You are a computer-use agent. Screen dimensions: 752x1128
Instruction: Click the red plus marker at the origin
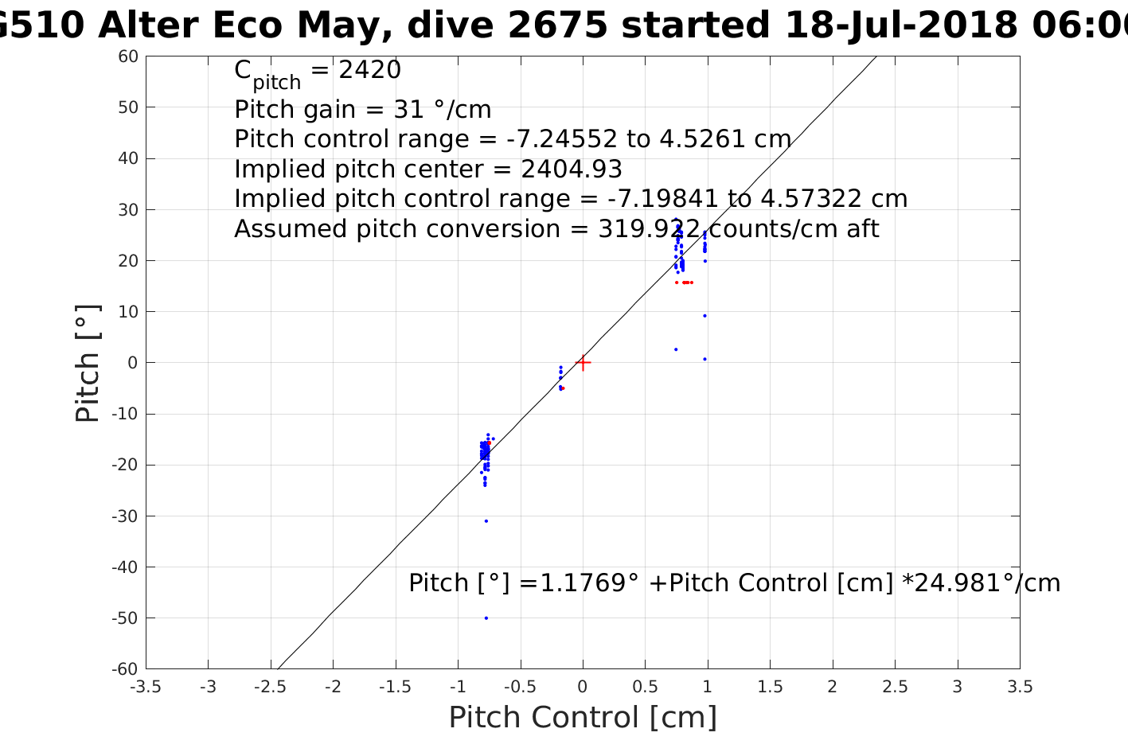[x=583, y=363]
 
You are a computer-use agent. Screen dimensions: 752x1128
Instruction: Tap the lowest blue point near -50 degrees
[x=486, y=618]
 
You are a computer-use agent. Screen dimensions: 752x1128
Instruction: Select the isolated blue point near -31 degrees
[x=486, y=521]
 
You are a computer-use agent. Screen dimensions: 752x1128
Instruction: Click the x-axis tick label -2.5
[x=270, y=687]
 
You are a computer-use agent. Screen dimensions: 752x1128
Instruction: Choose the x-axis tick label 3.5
[x=1020, y=687]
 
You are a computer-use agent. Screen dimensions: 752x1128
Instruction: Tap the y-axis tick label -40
[x=125, y=567]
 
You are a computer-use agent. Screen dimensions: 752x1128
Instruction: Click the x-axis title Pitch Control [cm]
[x=583, y=718]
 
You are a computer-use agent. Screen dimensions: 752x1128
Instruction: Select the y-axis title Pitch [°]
[x=88, y=363]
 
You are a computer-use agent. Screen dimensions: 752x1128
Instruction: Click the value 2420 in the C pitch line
[x=369, y=71]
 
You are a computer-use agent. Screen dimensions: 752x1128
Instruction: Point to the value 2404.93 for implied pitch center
[x=572, y=169]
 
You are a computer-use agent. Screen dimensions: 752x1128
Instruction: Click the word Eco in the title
[x=247, y=26]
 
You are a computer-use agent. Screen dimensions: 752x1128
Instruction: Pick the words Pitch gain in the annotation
[x=295, y=110]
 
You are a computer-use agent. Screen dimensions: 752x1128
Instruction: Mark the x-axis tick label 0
[x=583, y=687]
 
